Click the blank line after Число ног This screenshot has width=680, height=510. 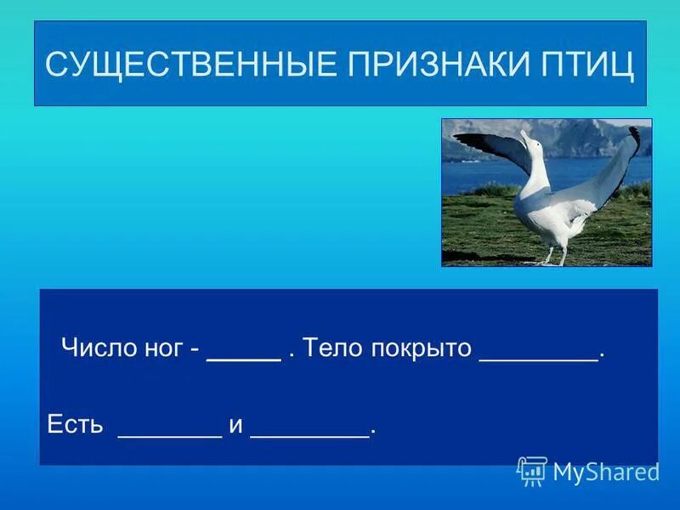pyautogui.click(x=244, y=359)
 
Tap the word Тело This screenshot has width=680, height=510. pyautogui.click(x=332, y=348)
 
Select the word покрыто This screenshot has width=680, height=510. pyautogui.click(x=421, y=348)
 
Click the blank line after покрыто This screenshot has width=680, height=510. pyautogui.click(x=539, y=359)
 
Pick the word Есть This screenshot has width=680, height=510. pyautogui.click(x=75, y=424)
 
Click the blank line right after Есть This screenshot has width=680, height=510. pyautogui.click(x=170, y=434)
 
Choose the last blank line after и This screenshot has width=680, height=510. pyautogui.click(x=310, y=434)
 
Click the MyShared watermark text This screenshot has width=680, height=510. pyautogui.click(x=606, y=472)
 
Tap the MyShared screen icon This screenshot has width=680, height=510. pyautogui.click(x=532, y=470)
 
